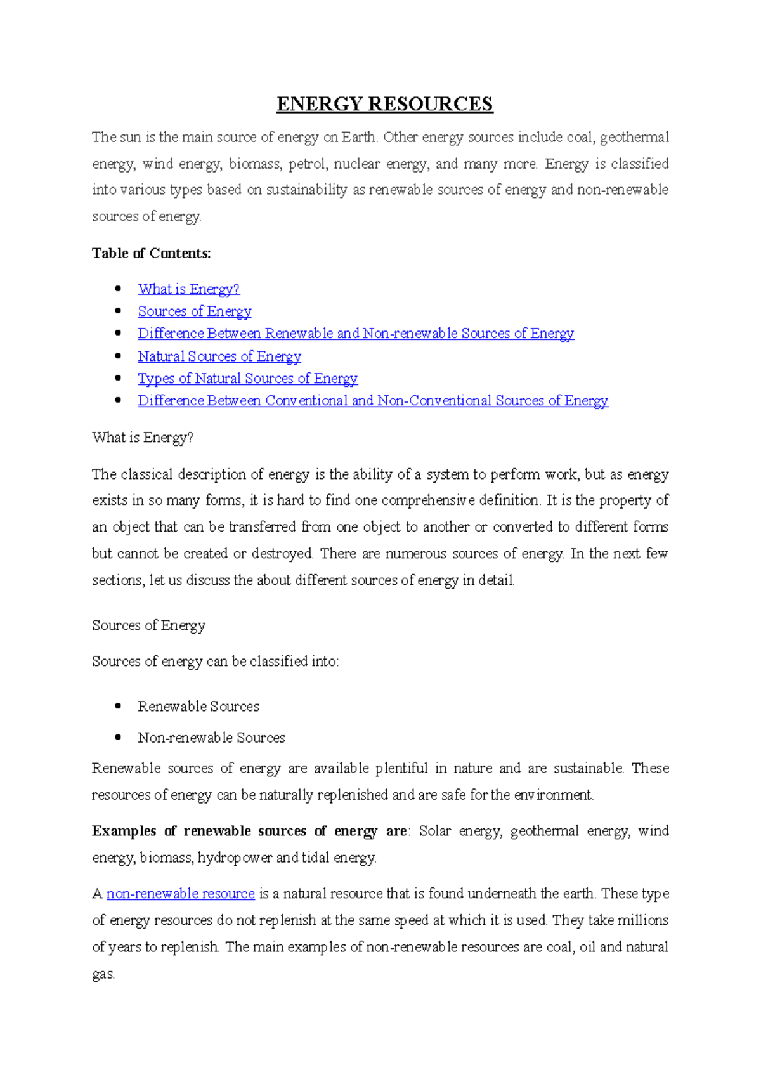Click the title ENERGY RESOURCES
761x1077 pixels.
pyautogui.click(x=384, y=104)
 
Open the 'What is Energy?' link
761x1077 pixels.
pyautogui.click(x=188, y=289)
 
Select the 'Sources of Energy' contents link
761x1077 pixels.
pyautogui.click(x=195, y=311)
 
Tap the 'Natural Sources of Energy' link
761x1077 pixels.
pyautogui.click(x=219, y=356)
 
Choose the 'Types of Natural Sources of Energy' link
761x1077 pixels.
pyautogui.click(x=247, y=379)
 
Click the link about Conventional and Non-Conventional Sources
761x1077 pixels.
pyautogui.click(x=373, y=401)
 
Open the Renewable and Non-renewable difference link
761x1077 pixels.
pyautogui.click(x=356, y=334)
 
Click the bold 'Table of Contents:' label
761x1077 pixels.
pyautogui.click(x=151, y=253)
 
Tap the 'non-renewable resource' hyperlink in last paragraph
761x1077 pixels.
pyautogui.click(x=181, y=894)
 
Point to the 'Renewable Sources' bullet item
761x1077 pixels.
pyautogui.click(x=198, y=707)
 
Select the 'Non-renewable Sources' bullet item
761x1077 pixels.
pyautogui.click(x=211, y=738)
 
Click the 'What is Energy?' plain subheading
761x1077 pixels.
pyautogui.click(x=142, y=438)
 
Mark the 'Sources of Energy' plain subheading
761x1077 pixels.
pyautogui.click(x=148, y=625)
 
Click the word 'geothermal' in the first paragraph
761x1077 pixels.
pyautogui.click(x=634, y=138)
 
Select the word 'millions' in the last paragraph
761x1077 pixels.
pyautogui.click(x=643, y=920)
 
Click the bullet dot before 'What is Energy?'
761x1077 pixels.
pyautogui.click(x=118, y=289)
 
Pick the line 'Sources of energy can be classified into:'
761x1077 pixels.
pyautogui.click(x=215, y=662)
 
